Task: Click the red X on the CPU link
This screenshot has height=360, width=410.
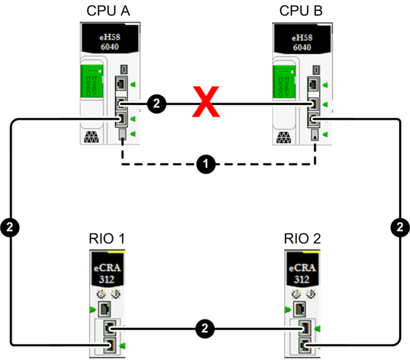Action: pos(206,103)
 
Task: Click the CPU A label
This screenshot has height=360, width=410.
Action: pos(108,11)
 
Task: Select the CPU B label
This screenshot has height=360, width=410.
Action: pos(301,11)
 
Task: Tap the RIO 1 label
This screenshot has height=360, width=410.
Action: pos(107,240)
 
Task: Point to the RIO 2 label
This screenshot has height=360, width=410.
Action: pos(301,240)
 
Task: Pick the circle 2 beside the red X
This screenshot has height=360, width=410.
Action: pos(156,102)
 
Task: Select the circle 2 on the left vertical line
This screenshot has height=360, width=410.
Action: pos(11,227)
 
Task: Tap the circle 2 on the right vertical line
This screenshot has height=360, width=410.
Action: pos(400,227)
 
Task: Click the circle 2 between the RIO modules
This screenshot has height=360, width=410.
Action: pos(205,328)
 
